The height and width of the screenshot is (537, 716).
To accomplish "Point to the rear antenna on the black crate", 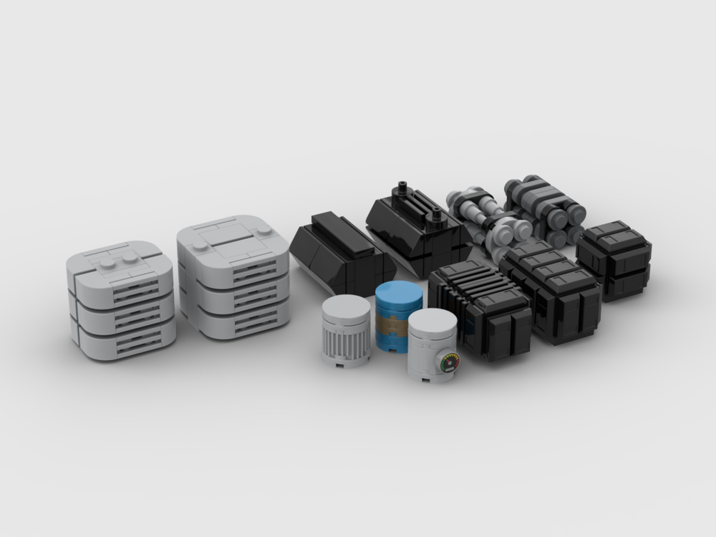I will click(403, 187).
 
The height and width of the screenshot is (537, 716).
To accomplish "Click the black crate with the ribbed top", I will click(480, 308).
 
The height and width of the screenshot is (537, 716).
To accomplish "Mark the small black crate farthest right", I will click(614, 259).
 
